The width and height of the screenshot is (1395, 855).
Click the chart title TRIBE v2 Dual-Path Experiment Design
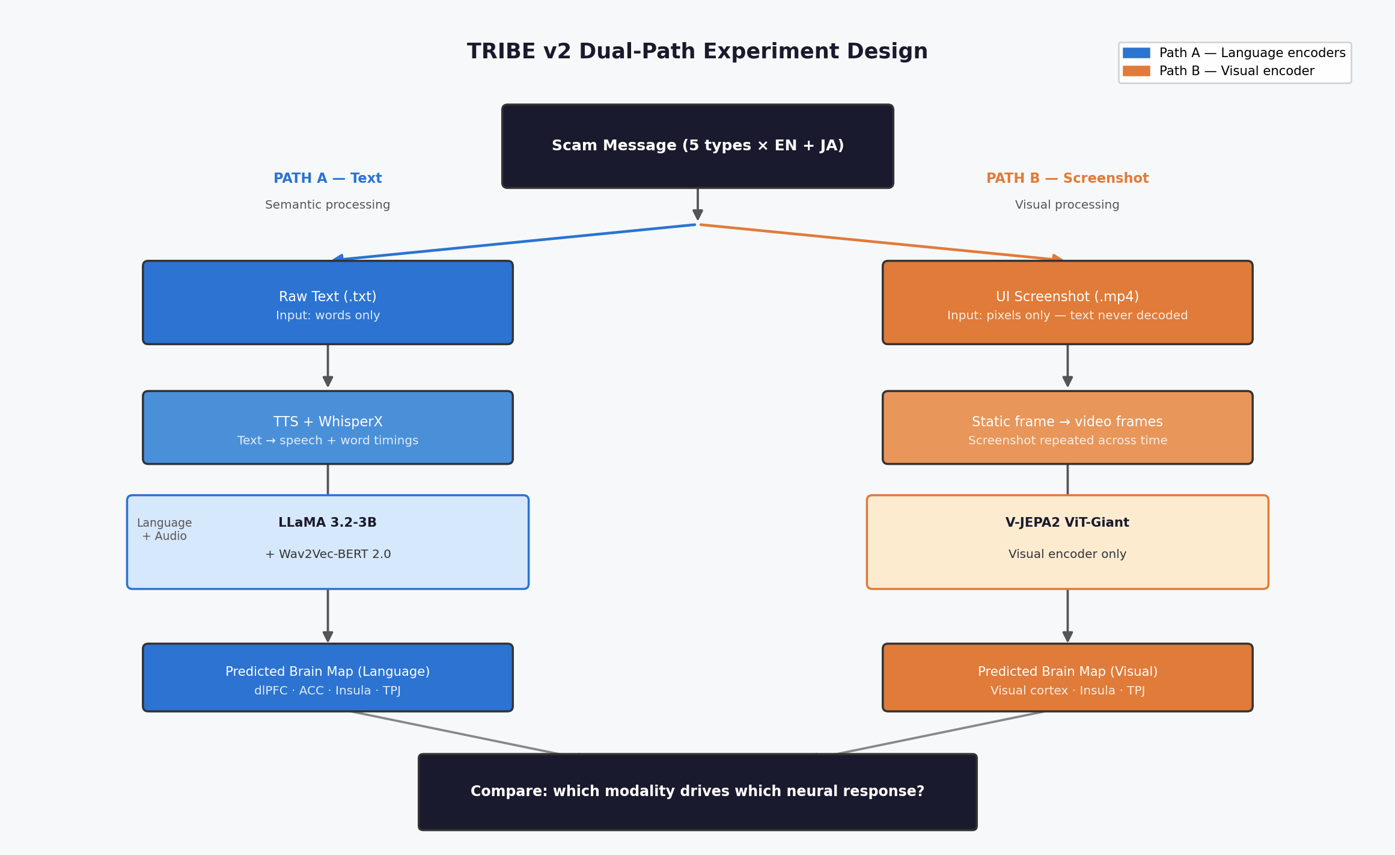[x=697, y=52]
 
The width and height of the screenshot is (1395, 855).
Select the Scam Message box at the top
[x=697, y=146]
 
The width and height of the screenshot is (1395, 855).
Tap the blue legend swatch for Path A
[x=1136, y=53]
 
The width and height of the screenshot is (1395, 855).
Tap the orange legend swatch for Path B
[x=1136, y=71]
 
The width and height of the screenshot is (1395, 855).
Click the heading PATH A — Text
[x=328, y=179]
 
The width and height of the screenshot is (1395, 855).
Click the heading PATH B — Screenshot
[x=1067, y=179]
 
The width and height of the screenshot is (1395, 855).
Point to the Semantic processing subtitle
[x=328, y=205]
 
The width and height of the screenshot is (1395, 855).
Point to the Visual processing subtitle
[x=1067, y=205]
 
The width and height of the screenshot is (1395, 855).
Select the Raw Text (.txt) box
[x=328, y=302]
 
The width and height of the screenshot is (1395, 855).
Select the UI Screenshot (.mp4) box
[x=1067, y=302]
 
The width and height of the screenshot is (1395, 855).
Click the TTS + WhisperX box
[x=328, y=427]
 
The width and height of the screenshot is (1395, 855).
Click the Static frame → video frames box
[x=1067, y=427]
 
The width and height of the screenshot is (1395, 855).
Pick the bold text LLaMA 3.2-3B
[x=328, y=522]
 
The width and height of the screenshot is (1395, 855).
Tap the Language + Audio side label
[x=164, y=530]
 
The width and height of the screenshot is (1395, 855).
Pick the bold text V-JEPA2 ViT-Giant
[x=1067, y=522]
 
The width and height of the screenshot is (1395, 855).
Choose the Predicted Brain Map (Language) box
[x=328, y=678]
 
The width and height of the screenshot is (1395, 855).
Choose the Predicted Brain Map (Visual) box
[x=1067, y=678]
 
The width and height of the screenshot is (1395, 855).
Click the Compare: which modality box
[x=697, y=792]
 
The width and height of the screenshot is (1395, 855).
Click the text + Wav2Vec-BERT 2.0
[x=328, y=554]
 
